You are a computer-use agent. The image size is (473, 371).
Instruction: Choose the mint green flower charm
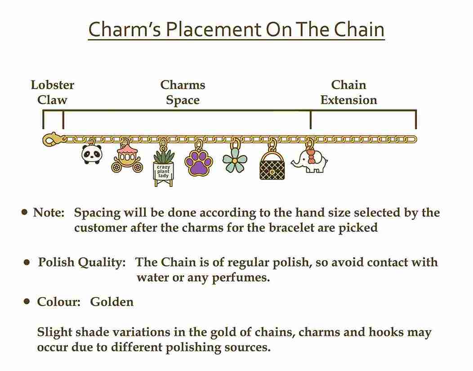tap(235, 160)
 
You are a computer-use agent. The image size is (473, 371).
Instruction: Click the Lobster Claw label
tap(53, 92)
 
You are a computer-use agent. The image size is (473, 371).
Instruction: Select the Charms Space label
tap(183, 92)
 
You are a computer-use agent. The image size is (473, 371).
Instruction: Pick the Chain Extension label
tap(349, 92)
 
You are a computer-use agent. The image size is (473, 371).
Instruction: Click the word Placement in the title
tap(214, 30)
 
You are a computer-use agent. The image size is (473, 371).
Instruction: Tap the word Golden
tap(112, 302)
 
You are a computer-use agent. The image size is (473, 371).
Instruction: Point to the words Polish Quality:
tap(82, 262)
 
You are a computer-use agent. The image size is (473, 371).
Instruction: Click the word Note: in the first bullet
tap(49, 212)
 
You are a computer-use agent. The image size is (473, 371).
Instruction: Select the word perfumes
tap(241, 278)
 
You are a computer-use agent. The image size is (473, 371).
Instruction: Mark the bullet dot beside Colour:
tap(27, 301)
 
